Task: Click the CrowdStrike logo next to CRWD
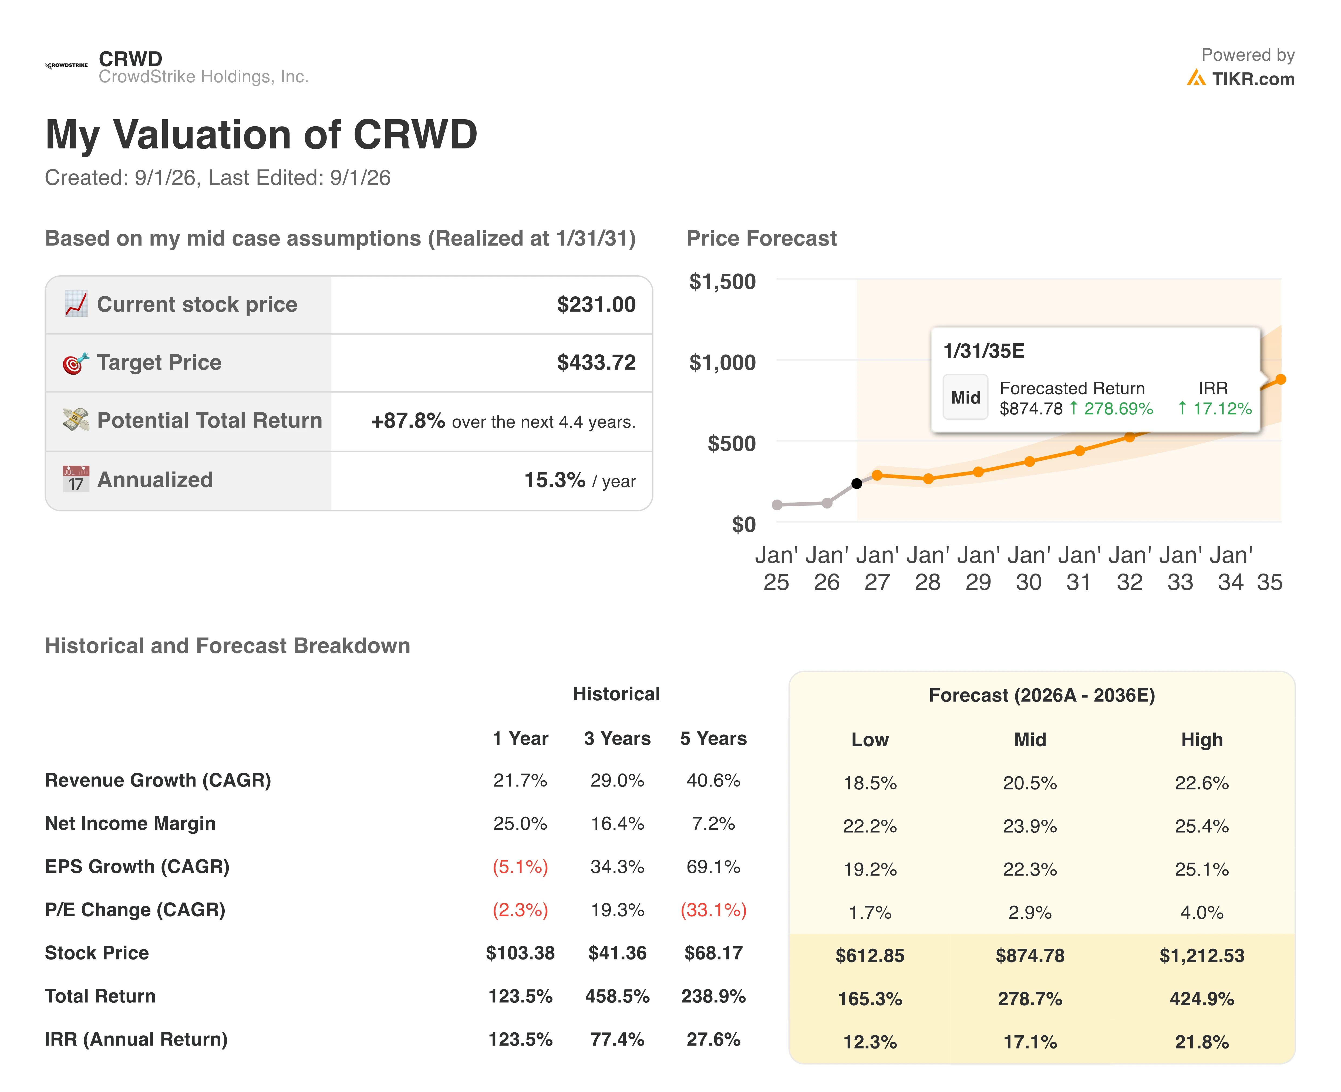coord(66,65)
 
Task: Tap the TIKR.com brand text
coord(1253,79)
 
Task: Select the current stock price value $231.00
coord(596,304)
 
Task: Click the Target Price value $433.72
coord(596,362)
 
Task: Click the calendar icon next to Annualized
coord(76,479)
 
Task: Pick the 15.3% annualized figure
coord(554,480)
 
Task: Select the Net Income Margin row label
coord(130,823)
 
